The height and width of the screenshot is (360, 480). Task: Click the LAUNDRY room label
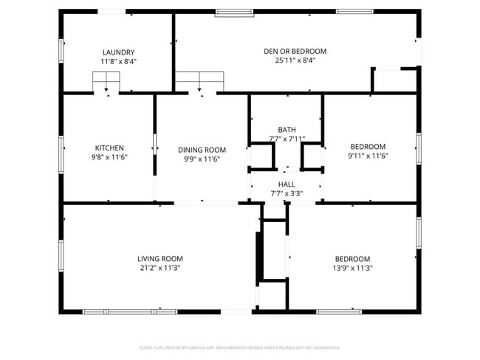(118, 52)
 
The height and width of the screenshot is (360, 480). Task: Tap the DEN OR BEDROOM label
(295, 52)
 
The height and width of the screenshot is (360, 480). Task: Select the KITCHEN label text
(109, 148)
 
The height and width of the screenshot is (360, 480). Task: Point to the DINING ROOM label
(202, 150)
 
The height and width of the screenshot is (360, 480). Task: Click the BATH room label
(287, 130)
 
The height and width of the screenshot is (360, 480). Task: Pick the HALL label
(287, 184)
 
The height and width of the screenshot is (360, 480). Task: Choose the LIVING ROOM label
(160, 258)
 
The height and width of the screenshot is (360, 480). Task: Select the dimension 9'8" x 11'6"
(109, 156)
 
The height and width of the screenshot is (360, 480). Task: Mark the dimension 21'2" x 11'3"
(160, 268)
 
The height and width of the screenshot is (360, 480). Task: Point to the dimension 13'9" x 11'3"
(352, 268)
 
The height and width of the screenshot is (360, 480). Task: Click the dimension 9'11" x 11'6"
(368, 156)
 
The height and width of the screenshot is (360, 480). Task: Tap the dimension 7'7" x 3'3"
(287, 193)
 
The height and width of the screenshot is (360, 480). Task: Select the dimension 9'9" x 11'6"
(202, 159)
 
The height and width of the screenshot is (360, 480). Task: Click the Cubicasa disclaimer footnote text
(239, 347)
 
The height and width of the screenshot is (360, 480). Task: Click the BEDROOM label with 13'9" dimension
(352, 258)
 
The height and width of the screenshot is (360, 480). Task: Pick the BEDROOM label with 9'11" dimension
(368, 146)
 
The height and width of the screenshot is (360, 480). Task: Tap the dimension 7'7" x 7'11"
(287, 139)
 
